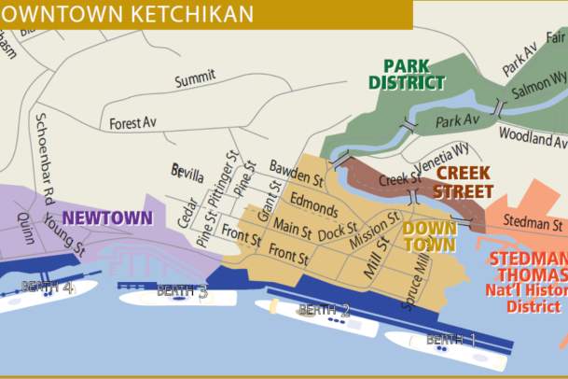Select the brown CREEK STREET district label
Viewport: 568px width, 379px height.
[464, 182]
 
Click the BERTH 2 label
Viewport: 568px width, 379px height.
[324, 310]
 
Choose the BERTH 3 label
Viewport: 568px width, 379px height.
[182, 291]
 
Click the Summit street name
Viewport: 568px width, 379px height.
[195, 78]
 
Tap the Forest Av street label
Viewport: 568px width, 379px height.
[132, 123]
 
